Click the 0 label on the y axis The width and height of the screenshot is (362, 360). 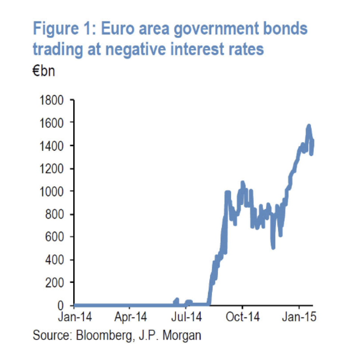pos(65,305)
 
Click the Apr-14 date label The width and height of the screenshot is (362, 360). pos(130,317)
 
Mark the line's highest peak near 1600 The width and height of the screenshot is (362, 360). pos(309,126)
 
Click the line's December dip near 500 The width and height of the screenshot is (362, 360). pos(273,246)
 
